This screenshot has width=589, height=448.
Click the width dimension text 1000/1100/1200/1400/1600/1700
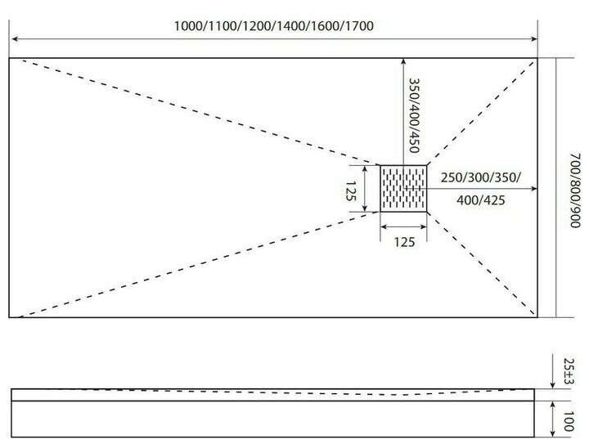(x=273, y=25)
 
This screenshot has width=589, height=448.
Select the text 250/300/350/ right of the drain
(x=480, y=177)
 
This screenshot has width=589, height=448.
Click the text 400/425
(x=479, y=200)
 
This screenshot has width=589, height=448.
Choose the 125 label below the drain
(x=404, y=241)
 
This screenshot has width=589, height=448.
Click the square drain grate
(x=404, y=189)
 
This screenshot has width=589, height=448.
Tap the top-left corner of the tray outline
(x=10, y=58)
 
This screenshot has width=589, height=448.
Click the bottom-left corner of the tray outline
(x=10, y=317)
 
